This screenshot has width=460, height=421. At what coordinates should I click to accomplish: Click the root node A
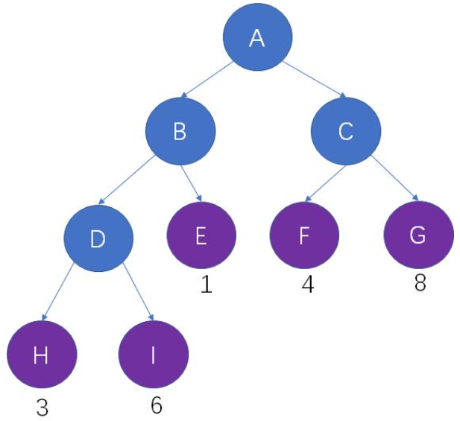pos(257,38)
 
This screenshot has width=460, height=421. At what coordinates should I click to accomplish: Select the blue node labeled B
pos(180,132)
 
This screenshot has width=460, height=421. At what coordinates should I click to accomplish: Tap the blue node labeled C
pos(345,132)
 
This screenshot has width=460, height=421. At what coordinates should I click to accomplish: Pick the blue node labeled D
pos(98,238)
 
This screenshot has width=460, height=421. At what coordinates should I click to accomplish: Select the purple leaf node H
pos(41,355)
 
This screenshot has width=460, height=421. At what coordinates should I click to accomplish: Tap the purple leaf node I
pos(154,355)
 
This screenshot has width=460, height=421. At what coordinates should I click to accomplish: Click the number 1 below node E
pos(207,284)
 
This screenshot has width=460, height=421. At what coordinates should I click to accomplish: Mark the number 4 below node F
pos(307,284)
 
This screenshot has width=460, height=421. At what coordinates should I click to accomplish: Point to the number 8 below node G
pos(420,284)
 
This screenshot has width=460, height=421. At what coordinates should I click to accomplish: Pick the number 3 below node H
pos(42,407)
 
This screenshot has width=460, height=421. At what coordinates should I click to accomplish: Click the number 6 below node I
pos(156,405)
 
